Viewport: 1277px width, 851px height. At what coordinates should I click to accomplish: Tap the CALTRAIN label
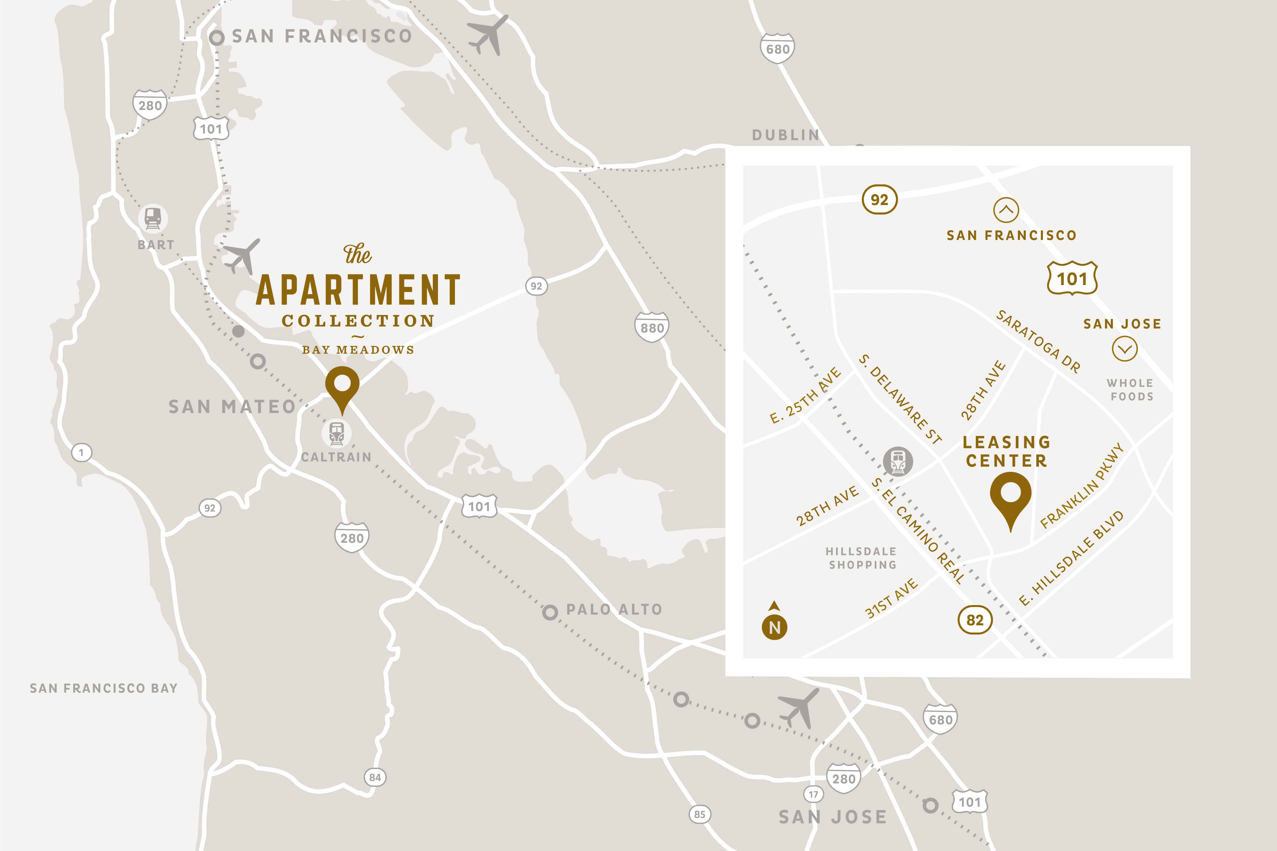pyautogui.click(x=336, y=457)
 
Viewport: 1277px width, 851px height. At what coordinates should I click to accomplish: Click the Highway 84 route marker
pyautogui.click(x=375, y=777)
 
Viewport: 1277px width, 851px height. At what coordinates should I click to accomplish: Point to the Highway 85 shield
pyautogui.click(x=699, y=814)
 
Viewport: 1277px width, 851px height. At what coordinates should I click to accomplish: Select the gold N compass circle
pyautogui.click(x=775, y=627)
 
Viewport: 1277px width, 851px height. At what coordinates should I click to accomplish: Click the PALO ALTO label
pyautogui.click(x=614, y=610)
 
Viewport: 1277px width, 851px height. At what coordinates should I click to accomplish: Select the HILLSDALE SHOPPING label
pyautogui.click(x=862, y=558)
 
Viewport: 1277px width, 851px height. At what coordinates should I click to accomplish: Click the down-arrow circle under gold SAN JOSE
pyautogui.click(x=1125, y=349)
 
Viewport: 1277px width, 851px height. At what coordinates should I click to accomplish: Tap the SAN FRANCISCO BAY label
pyautogui.click(x=104, y=688)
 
